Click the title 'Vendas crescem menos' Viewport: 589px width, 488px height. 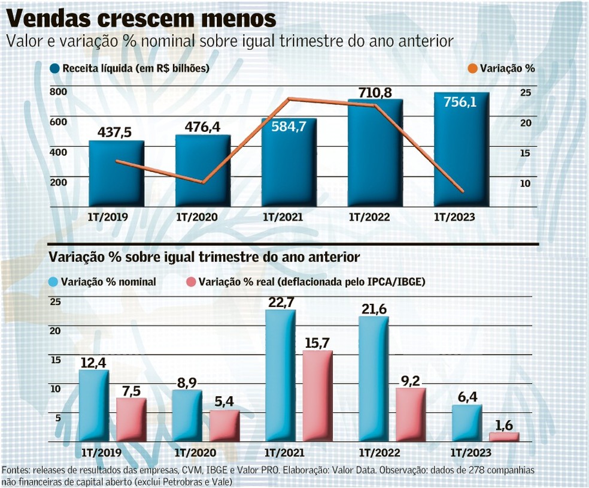[141, 18]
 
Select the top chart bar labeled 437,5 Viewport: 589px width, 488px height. [117, 174]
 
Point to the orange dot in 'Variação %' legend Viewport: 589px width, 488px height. [472, 68]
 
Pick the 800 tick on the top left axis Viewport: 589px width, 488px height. [58, 92]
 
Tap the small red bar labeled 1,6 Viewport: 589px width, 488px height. [504, 438]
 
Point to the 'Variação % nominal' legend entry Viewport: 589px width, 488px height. [102, 281]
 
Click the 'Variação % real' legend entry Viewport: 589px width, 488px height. [305, 281]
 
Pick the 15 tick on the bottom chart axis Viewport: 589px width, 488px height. [55, 360]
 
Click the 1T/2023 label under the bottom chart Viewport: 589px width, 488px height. [470, 453]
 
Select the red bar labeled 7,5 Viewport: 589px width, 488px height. [131, 420]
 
